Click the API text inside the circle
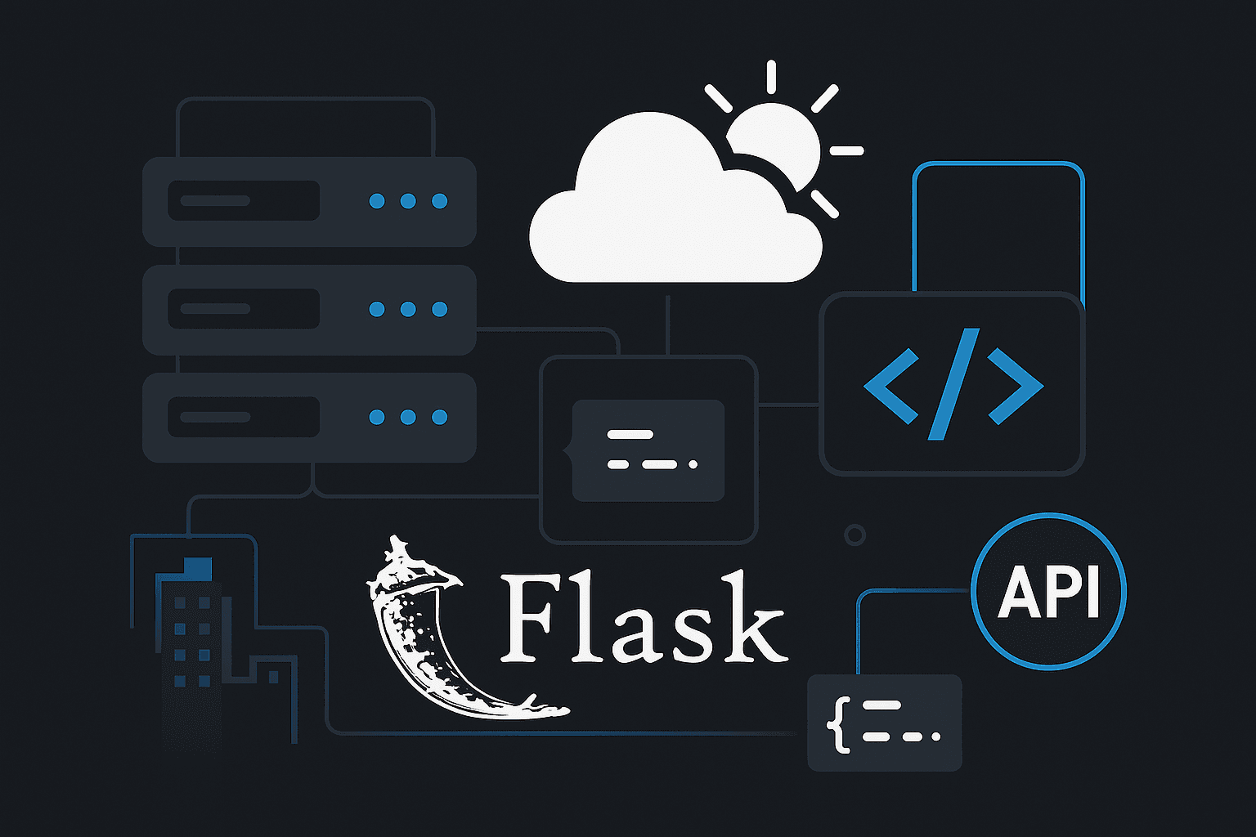1048,593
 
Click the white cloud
654,213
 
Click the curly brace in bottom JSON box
837,724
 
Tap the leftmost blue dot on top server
377,201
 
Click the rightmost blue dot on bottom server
439,417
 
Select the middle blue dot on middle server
408,309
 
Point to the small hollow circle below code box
855,535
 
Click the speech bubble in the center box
648,450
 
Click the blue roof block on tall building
198,567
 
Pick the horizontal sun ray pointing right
846,151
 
